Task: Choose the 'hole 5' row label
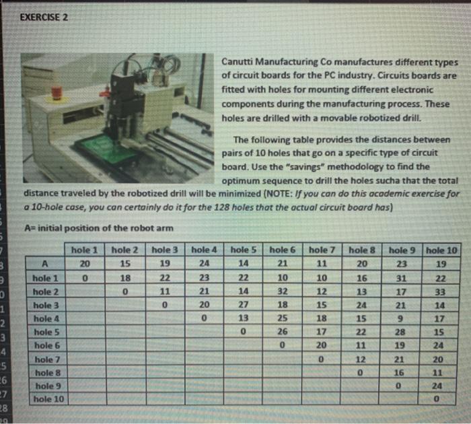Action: point(44,331)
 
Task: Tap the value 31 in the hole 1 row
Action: point(402,277)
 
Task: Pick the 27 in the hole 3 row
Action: point(246,304)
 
